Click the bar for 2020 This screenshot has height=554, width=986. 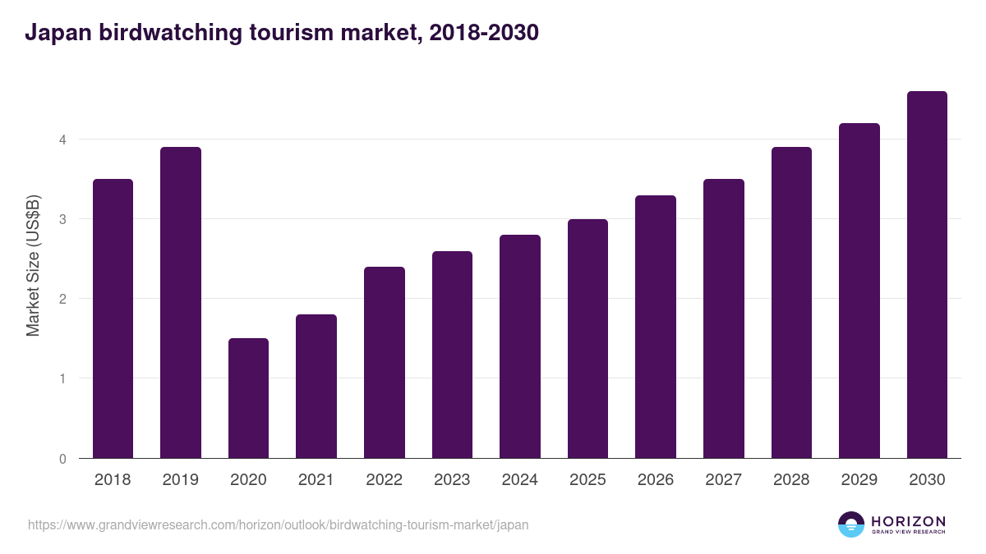coord(248,398)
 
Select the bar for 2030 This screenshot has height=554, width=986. coord(927,275)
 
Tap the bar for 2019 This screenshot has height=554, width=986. coord(181,303)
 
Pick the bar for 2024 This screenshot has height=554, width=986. coord(520,346)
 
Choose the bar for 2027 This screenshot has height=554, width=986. coord(724,318)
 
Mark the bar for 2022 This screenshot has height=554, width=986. coord(385,363)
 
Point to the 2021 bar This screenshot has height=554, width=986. coord(316,387)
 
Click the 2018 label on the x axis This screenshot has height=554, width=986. coord(113,480)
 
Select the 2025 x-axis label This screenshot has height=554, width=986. coord(587,480)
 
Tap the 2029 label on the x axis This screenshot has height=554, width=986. coord(859,480)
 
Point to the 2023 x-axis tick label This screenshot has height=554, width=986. coord(452,480)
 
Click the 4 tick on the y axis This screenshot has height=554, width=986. coord(62,140)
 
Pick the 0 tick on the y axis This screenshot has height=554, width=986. coord(62,459)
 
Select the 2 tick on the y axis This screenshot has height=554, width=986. coord(62,299)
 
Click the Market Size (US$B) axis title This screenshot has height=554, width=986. coord(33,264)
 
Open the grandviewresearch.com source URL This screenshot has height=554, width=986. coord(278,524)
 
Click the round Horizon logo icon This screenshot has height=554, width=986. coord(851,524)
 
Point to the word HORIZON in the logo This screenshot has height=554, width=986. coord(908,521)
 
